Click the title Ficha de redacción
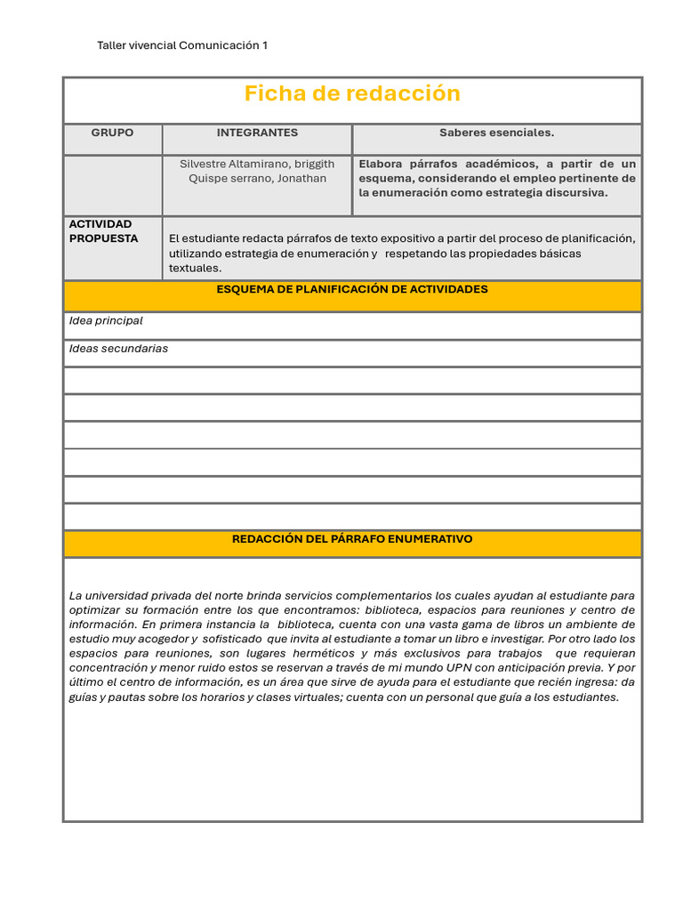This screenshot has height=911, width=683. [352, 93]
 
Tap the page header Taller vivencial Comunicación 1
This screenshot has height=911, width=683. [181, 45]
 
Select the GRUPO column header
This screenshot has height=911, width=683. [112, 133]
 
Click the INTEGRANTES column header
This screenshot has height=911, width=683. [257, 133]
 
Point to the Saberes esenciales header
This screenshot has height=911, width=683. [496, 133]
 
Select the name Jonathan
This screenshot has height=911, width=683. [301, 178]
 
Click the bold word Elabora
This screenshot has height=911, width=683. [381, 164]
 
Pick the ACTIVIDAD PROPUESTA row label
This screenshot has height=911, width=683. [104, 231]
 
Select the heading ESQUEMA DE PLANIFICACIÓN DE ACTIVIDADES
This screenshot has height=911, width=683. [352, 289]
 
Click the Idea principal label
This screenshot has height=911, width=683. [106, 320]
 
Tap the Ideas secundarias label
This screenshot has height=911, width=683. [118, 348]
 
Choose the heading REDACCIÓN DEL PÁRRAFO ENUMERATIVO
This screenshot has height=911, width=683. [352, 539]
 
